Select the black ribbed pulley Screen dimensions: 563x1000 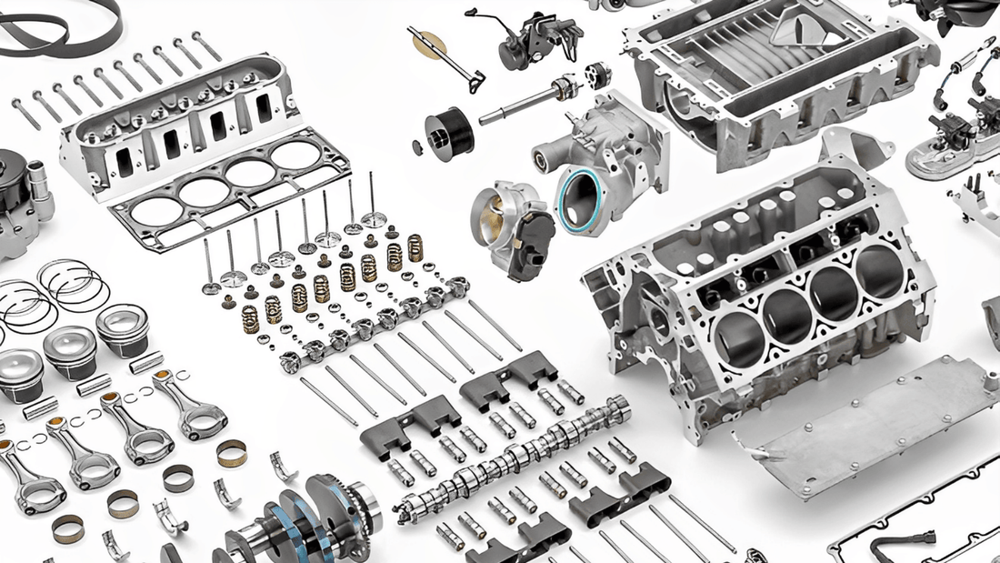pos(451,133)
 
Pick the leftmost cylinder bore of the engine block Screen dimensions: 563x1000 pos(738,339)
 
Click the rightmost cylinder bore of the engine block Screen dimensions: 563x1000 pos(880,271)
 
